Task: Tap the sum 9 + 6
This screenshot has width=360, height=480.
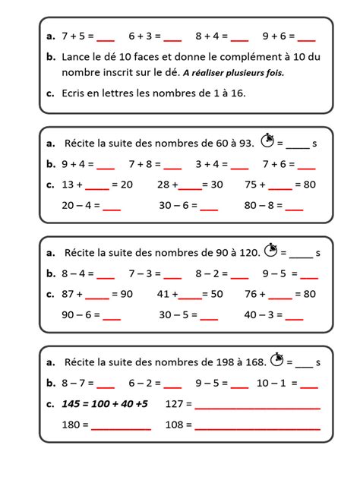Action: click(275, 35)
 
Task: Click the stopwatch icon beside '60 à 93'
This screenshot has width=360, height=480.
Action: click(266, 141)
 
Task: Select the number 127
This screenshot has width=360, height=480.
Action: click(174, 403)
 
